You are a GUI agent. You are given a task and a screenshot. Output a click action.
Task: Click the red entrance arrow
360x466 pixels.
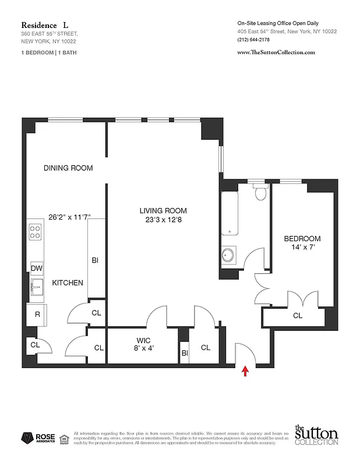[x=245, y=369]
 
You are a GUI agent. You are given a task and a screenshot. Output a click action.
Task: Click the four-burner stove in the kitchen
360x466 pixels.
[x=36, y=232]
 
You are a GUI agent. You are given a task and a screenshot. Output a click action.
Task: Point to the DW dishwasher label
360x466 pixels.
[x=36, y=268]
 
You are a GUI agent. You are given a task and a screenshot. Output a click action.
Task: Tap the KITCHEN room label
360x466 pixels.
[x=68, y=283]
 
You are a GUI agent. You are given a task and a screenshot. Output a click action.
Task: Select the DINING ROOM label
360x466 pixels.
[x=68, y=168]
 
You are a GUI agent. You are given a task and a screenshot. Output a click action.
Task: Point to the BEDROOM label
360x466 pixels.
[x=302, y=239]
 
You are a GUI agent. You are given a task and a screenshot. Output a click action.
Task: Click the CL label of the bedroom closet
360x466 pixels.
[x=297, y=316]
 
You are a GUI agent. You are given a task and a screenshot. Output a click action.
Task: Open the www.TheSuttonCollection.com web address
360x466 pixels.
[x=276, y=52]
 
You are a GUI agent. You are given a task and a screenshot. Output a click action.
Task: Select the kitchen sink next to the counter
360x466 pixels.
[x=36, y=286]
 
